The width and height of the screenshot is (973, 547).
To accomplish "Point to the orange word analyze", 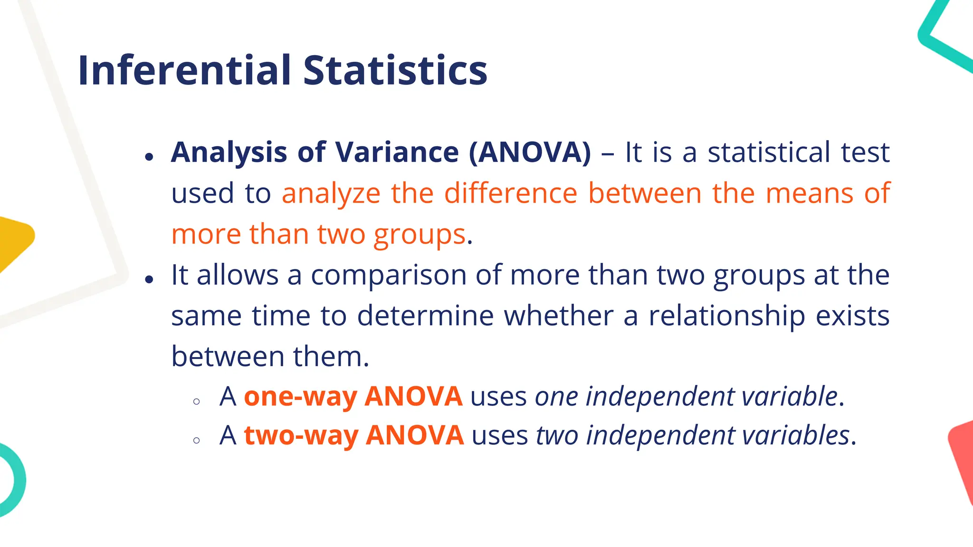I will point(331,194).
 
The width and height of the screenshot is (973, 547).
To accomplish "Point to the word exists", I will point(852,316).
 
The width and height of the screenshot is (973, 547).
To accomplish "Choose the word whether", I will point(559,316).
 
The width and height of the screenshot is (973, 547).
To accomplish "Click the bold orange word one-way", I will point(300,397).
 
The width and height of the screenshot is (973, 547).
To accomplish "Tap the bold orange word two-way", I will point(301,436).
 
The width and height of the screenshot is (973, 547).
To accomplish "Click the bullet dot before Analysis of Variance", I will point(150,156).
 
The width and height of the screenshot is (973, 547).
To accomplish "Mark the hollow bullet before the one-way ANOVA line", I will point(197,402).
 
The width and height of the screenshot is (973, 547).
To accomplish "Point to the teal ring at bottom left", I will point(14,480).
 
